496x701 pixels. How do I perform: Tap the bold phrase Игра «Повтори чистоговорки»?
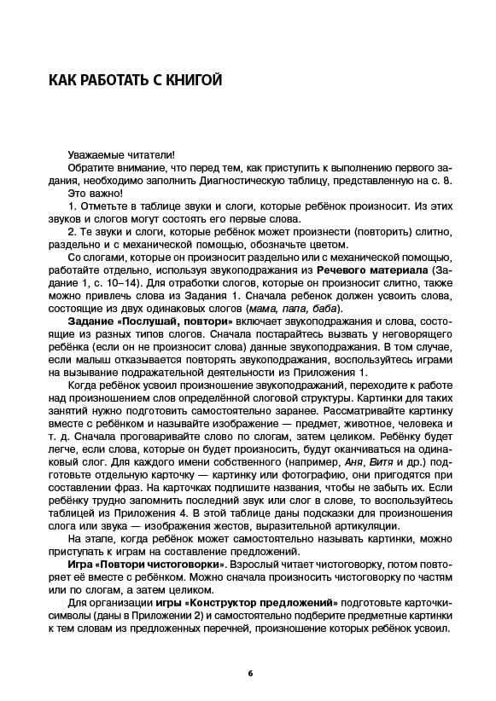[146, 565]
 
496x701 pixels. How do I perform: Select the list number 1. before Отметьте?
[72, 206]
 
